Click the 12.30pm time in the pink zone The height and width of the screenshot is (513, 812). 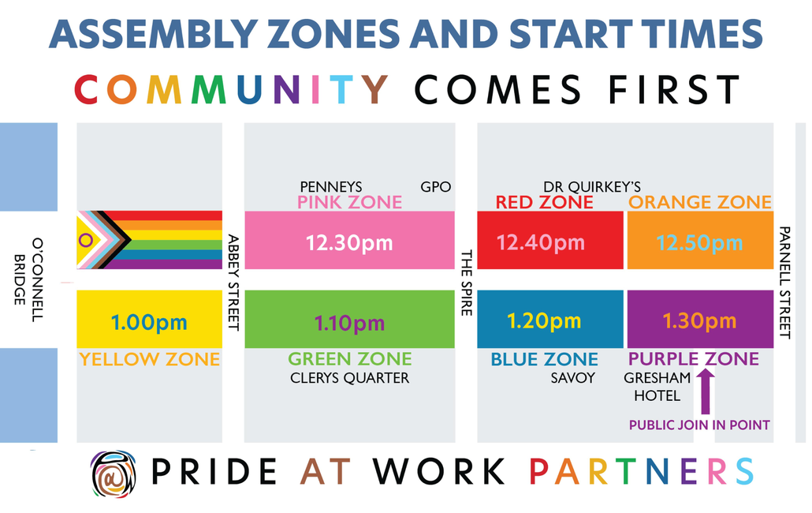[x=349, y=242]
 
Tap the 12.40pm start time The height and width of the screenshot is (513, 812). [x=541, y=242]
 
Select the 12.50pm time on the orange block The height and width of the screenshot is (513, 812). [x=699, y=242]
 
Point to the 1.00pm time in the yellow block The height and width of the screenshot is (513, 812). [x=149, y=322]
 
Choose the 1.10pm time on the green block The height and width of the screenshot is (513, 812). [x=349, y=324]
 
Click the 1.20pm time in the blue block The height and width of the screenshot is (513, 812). [x=544, y=321]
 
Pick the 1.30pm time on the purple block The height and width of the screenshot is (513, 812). [x=699, y=321]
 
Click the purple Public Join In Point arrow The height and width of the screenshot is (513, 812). [x=706, y=391]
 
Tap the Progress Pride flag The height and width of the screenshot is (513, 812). [x=149, y=240]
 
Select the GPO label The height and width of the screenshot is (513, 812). [x=435, y=186]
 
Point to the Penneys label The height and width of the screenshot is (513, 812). [x=331, y=186]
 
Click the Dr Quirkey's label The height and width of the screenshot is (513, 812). [x=592, y=186]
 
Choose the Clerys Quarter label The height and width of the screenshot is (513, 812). [x=349, y=378]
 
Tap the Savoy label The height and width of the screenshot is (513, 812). [x=573, y=378]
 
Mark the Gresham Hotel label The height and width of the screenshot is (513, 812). [x=657, y=387]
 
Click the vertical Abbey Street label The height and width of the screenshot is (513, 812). [x=234, y=283]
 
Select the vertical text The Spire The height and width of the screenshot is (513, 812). [x=467, y=283]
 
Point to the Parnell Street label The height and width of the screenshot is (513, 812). [x=785, y=283]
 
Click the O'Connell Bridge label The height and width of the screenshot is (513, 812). [x=28, y=280]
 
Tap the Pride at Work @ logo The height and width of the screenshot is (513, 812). [x=114, y=474]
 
